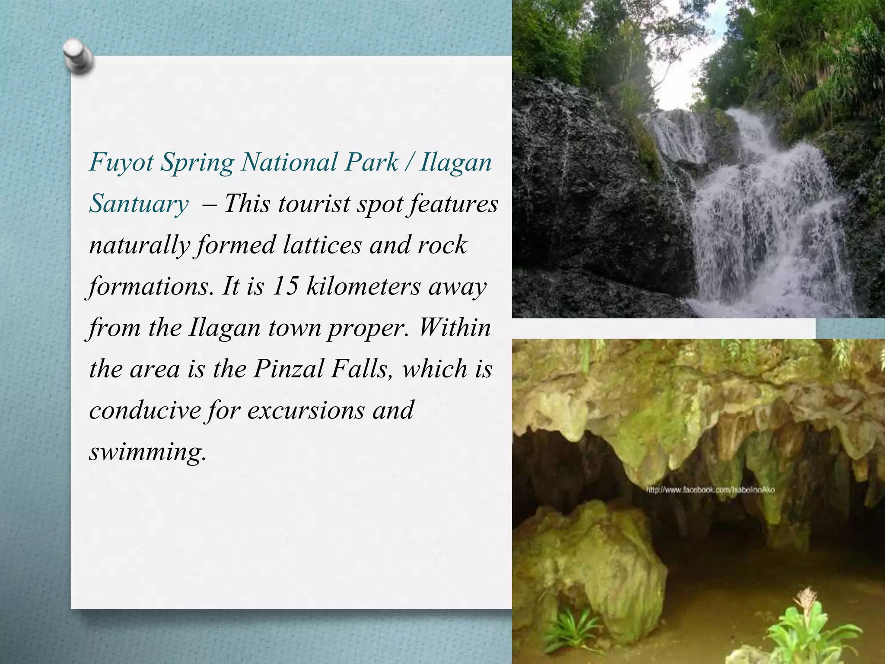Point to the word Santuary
pos(139,204)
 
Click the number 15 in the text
pos(285,286)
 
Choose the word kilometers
pos(363,286)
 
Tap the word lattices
pos(322,245)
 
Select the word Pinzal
pos(288,369)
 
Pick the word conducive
pos(145,410)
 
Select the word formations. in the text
pos(151,286)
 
